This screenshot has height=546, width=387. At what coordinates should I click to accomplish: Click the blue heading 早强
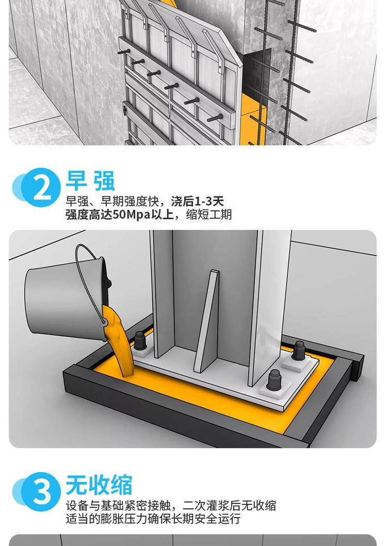[x=90, y=180]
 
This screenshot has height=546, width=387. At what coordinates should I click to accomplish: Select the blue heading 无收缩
[x=99, y=485]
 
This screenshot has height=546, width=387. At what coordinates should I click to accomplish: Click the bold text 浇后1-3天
[x=197, y=201]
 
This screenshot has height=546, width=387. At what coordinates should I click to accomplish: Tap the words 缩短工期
[x=209, y=214]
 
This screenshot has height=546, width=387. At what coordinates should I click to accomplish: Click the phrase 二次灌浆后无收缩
[x=230, y=505]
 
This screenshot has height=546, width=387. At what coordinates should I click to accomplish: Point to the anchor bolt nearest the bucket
[x=140, y=341]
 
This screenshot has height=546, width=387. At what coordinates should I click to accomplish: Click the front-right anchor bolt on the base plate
[x=274, y=380]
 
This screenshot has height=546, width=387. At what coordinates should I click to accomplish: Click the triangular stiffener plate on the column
[x=207, y=320]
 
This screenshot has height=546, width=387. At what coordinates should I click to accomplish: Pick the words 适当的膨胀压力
[x=107, y=519]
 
